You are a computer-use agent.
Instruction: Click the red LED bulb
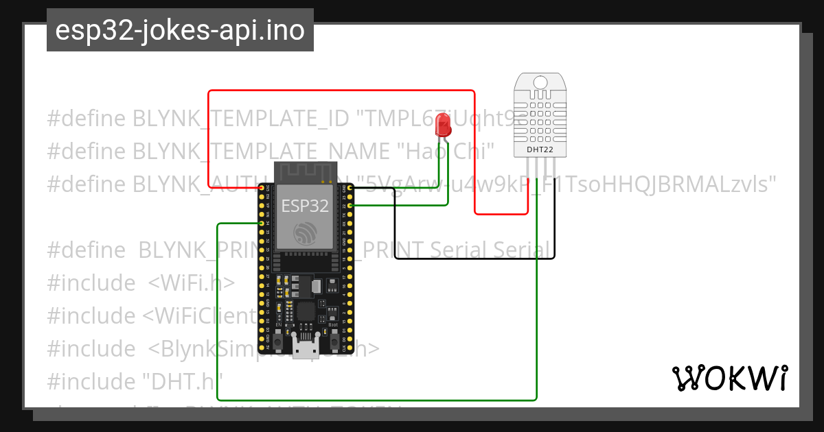[444, 125]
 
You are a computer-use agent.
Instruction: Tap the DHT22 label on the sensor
[540, 149]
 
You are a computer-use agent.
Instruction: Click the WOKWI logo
[729, 378]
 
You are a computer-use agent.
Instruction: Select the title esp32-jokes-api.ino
[180, 30]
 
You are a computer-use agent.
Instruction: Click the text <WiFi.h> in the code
[191, 283]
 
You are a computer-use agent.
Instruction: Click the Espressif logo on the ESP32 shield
[305, 233]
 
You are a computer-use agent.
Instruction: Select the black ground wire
[474, 259]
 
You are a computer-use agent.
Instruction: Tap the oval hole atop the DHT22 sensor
[540, 82]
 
